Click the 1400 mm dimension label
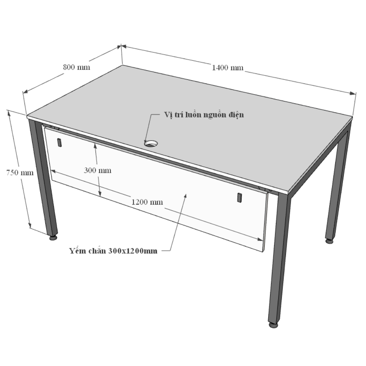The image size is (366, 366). [x=228, y=68]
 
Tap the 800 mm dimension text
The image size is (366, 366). [x=76, y=67]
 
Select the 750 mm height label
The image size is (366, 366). [x=20, y=173]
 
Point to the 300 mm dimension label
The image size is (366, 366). [x=98, y=171]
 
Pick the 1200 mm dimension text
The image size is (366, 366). [x=147, y=202]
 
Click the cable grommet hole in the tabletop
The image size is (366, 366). [x=151, y=143]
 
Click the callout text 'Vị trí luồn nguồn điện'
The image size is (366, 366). [x=204, y=115]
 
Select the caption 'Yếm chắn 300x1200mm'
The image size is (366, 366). [x=113, y=251]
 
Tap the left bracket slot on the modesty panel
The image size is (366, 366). [x=60, y=143]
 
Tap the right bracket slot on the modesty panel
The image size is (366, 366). [x=239, y=198]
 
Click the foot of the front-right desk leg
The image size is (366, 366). [x=273, y=325]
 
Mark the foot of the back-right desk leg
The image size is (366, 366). [x=329, y=241]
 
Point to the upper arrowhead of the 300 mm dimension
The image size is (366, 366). [x=95, y=146]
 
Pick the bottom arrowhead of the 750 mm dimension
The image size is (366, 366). [x=30, y=225]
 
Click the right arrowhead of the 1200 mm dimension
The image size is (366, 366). [x=260, y=239]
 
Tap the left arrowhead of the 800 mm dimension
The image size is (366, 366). [x=25, y=91]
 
